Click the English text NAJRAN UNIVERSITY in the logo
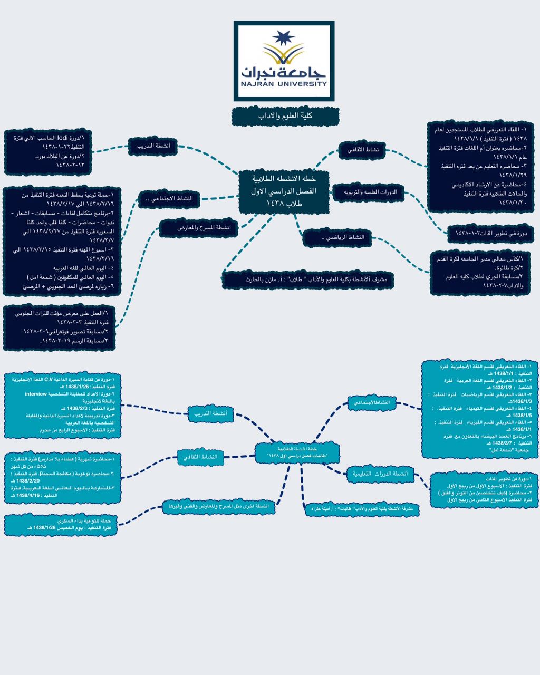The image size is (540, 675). click(x=284, y=83)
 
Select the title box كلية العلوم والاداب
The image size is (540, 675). click(x=285, y=116)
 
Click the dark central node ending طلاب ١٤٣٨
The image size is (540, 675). click(x=284, y=191)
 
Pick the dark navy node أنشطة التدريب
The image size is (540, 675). click(x=153, y=146)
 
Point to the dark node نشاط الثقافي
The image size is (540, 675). click(x=362, y=150)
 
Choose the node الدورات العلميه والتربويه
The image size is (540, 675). click(x=368, y=192)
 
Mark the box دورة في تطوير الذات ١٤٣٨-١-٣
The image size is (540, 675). click(x=490, y=233)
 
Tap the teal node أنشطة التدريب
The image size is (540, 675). click(x=210, y=414)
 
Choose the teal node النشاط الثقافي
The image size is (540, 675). click(x=200, y=457)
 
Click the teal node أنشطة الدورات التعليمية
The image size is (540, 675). click(x=380, y=474)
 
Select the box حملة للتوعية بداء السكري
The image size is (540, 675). click(x=61, y=524)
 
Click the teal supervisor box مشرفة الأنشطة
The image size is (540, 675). click(x=362, y=509)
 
